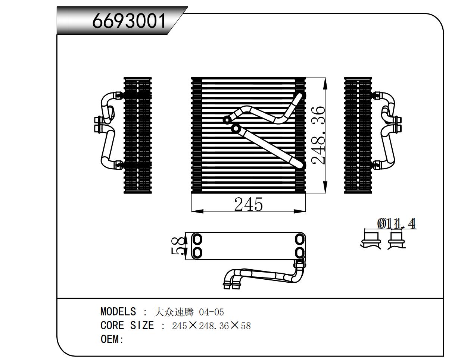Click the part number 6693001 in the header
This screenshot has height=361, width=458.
tap(129, 21)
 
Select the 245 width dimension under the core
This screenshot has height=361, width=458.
tap(248, 204)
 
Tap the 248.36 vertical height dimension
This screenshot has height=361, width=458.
tap(318, 135)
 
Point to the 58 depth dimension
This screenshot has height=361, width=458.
tap(178, 246)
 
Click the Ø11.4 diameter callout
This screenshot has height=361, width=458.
tap(396, 223)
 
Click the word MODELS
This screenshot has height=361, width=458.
tap(118, 311)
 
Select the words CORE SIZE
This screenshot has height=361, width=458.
tap(127, 326)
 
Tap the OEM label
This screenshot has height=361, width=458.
tap(112, 339)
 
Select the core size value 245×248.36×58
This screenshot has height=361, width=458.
tap(211, 326)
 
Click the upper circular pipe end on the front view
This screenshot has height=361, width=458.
tap(227, 120)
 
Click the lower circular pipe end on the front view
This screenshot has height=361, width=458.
tap(236, 129)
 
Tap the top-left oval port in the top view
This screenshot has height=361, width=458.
tap(197, 239)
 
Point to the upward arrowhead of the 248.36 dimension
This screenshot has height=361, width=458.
tap(325, 83)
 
